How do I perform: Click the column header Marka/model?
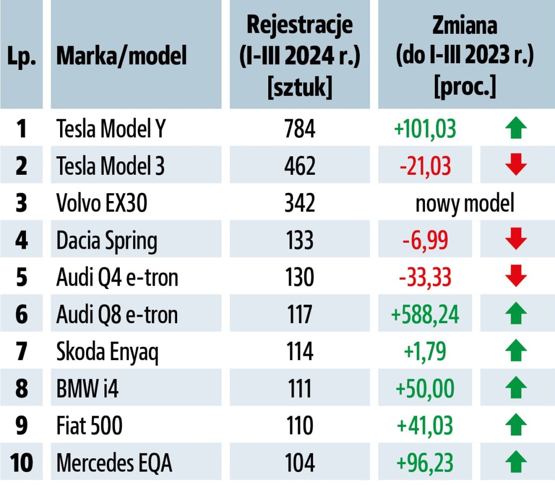121,55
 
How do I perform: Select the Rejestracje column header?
300,55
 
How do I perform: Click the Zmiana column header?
465,55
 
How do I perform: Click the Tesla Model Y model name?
111,129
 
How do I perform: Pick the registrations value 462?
300,166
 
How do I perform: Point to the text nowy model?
465,203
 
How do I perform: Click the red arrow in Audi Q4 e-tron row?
516,276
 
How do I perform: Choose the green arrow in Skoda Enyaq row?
516,350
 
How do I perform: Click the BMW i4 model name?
87,388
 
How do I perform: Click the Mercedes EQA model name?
114,463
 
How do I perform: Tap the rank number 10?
21,463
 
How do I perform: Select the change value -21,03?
425,166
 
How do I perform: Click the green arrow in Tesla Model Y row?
516,128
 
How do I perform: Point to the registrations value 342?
300,203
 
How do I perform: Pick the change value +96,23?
425,463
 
